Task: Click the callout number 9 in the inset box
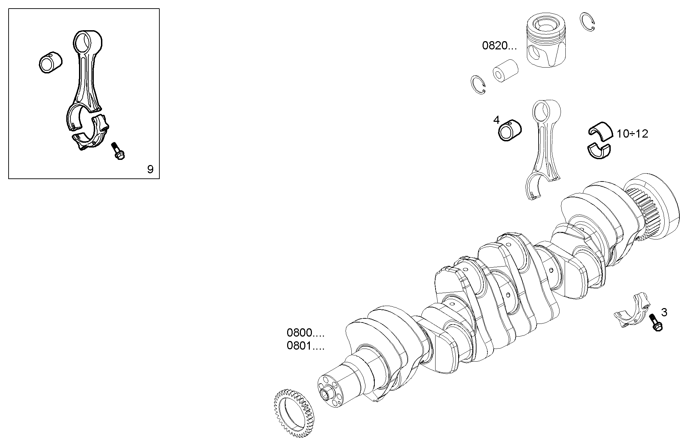[150, 169]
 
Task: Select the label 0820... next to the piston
[499, 46]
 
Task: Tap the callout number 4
[496, 120]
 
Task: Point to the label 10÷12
[632, 134]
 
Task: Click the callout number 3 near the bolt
[664, 313]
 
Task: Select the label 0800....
[305, 333]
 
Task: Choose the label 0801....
[305, 346]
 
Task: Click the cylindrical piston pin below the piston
[505, 71]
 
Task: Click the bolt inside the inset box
[118, 152]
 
